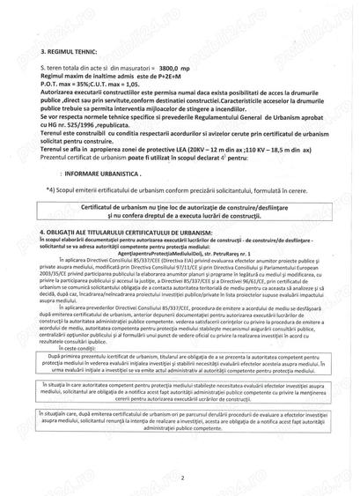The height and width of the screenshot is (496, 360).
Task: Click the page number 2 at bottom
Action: click(180, 477)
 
